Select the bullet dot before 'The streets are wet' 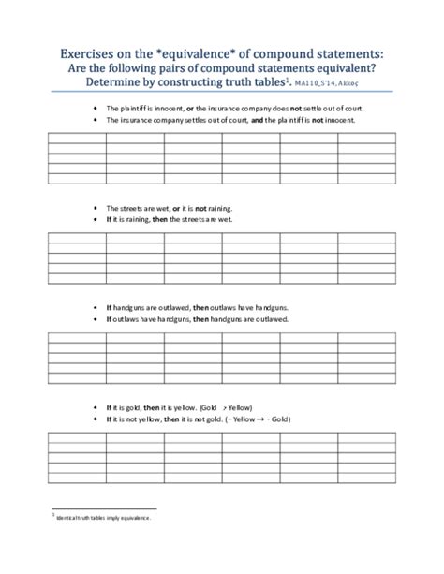(x=96, y=207)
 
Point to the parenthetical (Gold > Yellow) (x=226, y=409)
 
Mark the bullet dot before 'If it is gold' (x=96, y=409)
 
